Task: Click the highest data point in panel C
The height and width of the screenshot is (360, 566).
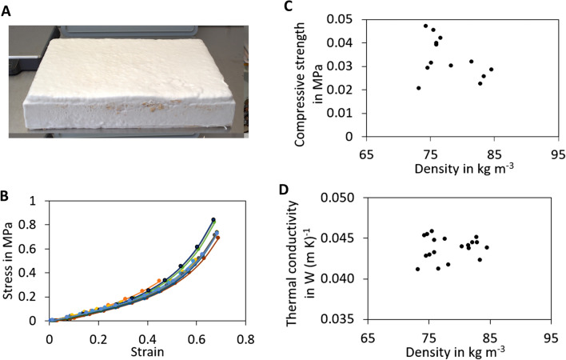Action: pos(426,26)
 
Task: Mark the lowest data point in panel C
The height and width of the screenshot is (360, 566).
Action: pos(419,88)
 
